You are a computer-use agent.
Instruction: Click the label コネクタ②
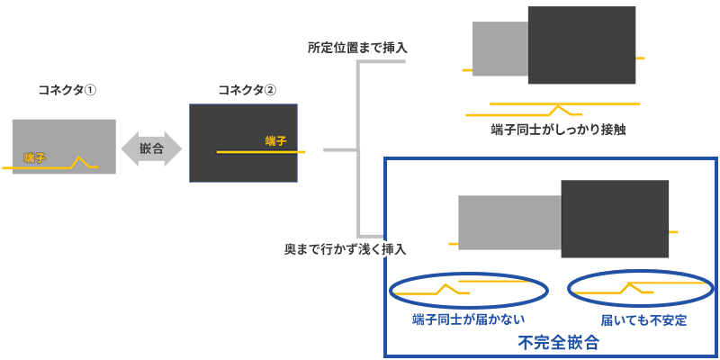tap(247, 90)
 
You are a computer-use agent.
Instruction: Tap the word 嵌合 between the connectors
tap(152, 146)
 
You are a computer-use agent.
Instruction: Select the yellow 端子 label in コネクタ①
tap(35, 158)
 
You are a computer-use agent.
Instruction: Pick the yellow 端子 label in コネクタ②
tap(275, 140)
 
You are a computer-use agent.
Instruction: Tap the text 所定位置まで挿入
tap(357, 47)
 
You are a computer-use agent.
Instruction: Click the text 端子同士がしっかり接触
tap(558, 130)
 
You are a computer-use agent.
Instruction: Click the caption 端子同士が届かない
tap(468, 320)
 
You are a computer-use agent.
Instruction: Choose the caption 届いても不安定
tap(643, 320)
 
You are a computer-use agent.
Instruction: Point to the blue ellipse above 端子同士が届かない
tap(470, 289)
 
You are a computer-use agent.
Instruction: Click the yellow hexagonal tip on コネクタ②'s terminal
tap(306, 151)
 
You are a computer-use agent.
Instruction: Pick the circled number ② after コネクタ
tap(282, 90)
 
